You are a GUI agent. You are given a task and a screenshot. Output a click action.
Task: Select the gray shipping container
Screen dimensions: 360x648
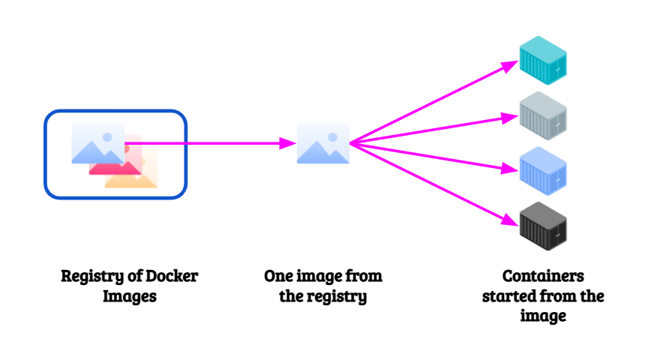click(543, 115)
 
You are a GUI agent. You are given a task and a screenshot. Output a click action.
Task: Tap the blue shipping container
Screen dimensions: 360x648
click(543, 171)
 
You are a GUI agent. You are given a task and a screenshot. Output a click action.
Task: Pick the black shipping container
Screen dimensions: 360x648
click(543, 226)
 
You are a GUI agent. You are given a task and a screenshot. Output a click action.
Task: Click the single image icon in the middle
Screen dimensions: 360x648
click(322, 143)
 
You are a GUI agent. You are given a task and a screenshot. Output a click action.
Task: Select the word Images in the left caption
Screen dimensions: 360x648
click(129, 296)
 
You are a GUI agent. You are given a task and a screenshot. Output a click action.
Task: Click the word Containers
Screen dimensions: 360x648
click(543, 276)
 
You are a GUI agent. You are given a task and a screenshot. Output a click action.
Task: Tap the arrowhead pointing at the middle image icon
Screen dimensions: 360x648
click(286, 142)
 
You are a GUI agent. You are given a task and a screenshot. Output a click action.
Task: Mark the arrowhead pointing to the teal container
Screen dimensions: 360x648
click(511, 66)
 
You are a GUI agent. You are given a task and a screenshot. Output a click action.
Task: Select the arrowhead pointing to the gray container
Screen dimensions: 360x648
click(512, 116)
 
